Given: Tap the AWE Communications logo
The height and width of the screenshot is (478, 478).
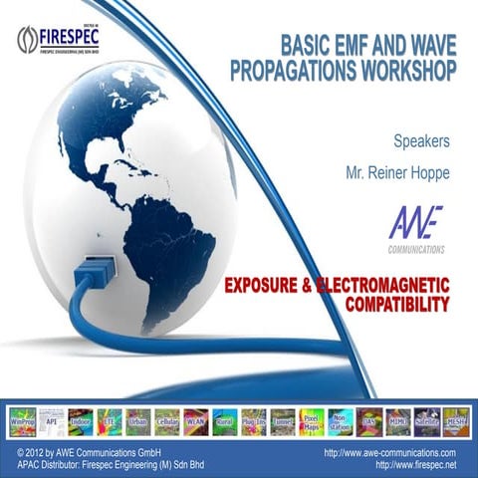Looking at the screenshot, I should point(416,230).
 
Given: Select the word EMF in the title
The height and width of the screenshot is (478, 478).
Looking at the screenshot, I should point(326,47).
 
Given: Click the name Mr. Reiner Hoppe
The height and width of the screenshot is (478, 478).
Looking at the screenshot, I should point(399,172).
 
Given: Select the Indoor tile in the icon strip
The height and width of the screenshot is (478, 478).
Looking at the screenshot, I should point(82,421).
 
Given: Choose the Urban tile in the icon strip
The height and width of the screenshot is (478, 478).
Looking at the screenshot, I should point(139,421).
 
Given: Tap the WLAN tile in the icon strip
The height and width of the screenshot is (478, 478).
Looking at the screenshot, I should point(197,421).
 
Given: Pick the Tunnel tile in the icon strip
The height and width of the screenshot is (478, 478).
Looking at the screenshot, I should point(283,421).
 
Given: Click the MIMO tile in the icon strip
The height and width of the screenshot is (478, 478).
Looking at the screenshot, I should point(398,421).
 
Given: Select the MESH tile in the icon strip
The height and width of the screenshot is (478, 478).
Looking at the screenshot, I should point(456,421).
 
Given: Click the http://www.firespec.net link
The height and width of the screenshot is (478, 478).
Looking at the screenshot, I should point(417,465).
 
